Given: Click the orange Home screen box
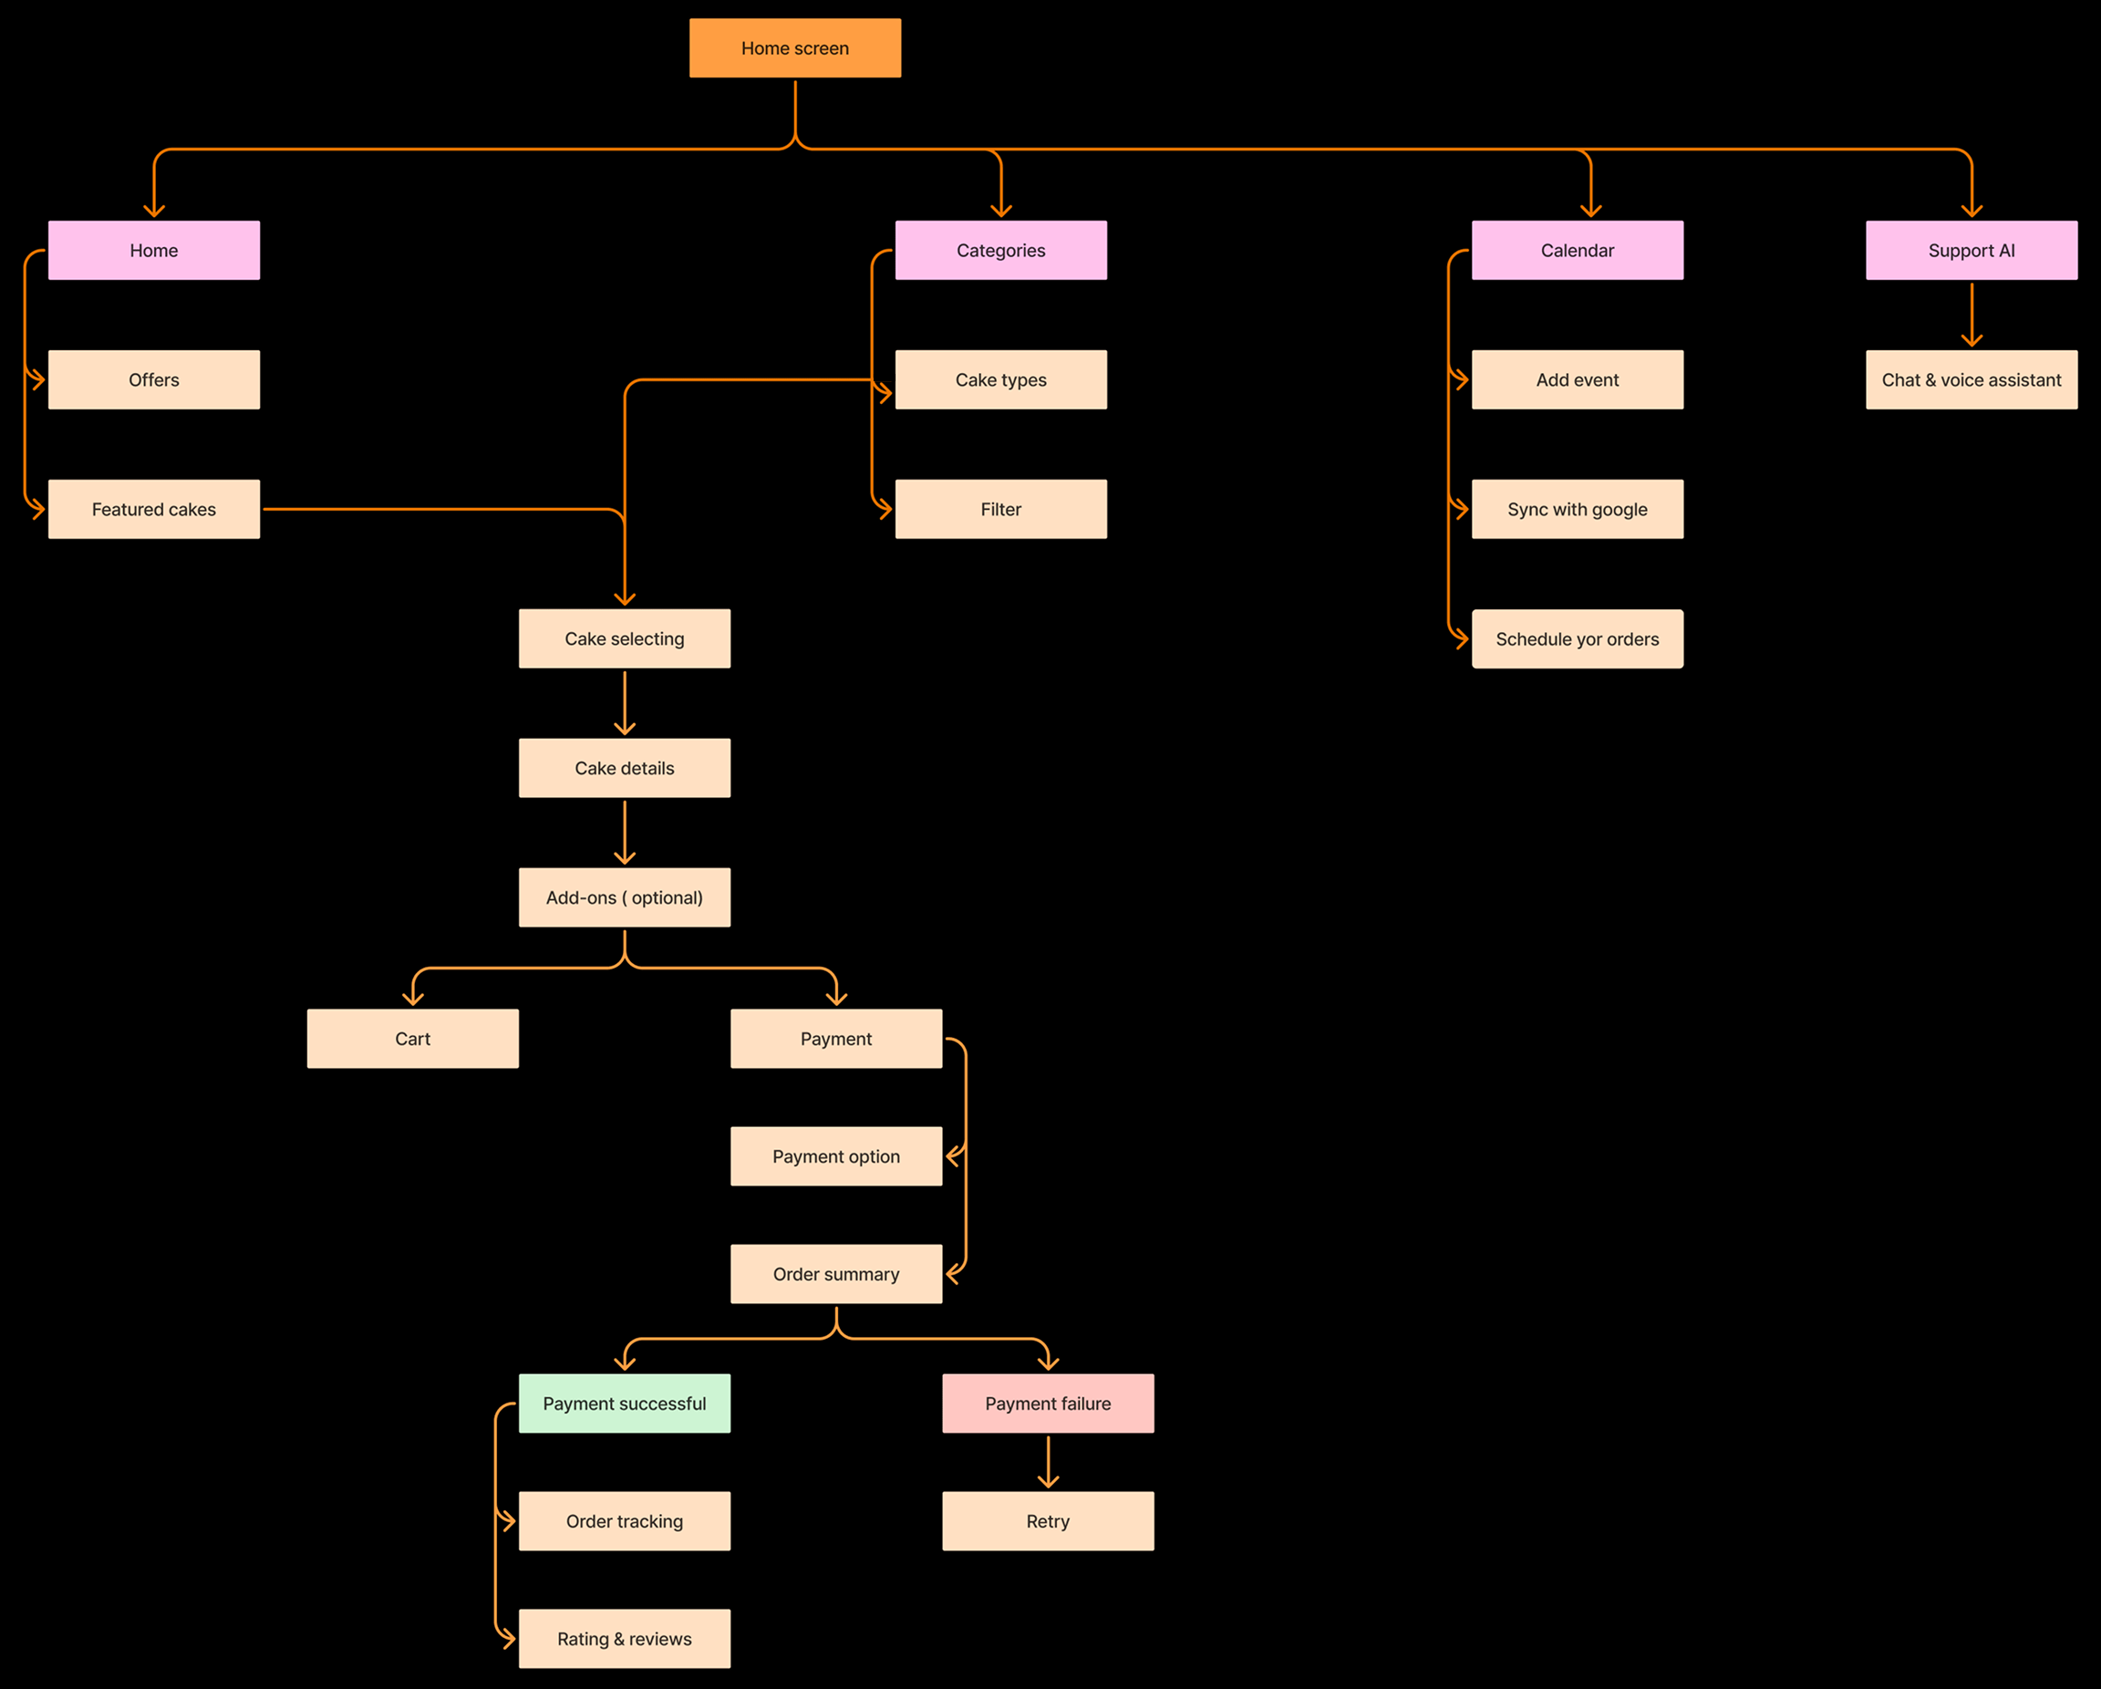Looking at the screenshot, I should pyautogui.click(x=794, y=47).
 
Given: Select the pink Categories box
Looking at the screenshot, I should pyautogui.click(x=999, y=251).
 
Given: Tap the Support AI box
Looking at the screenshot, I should pyautogui.click(x=1971, y=251).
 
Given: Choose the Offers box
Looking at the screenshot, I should pyautogui.click(x=154, y=379).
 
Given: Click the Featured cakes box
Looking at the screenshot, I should pyautogui.click(x=154, y=509).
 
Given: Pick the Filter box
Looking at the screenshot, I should pyautogui.click(x=999, y=509).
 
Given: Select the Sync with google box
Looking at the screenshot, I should pyautogui.click(x=1577, y=509).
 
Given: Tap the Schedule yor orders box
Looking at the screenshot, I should pyautogui.click(x=1577, y=638).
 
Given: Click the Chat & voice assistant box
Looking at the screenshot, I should pyautogui.click(x=1971, y=379).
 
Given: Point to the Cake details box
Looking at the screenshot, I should pyautogui.click(x=624, y=768).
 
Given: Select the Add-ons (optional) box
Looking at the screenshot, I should pyautogui.click(x=624, y=896).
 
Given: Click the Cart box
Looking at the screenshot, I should pyautogui.click(x=412, y=1038).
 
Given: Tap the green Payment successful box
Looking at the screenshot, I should pyautogui.click(x=624, y=1403).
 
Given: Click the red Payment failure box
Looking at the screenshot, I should pyautogui.click(x=1048, y=1403).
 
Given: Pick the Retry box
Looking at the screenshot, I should pyautogui.click(x=1048, y=1520).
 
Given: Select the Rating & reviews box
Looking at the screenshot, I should pyautogui.click(x=624, y=1638).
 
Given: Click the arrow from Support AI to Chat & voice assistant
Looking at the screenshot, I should pyautogui.click(x=1971, y=314).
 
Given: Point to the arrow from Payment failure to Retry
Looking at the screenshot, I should pyautogui.click(x=1048, y=1461).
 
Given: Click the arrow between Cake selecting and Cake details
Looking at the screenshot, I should pyautogui.click(x=624, y=701).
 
